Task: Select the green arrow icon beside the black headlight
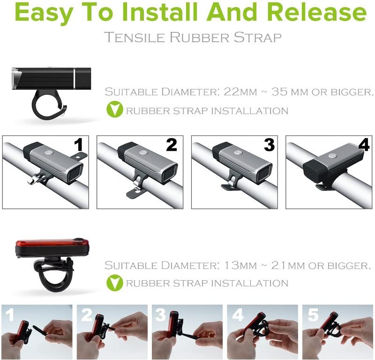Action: tap(113, 111)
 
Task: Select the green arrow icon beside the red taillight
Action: tap(113, 283)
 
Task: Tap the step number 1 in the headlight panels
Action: tap(78, 145)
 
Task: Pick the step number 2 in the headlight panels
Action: tap(172, 145)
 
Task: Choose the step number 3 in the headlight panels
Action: tap(269, 145)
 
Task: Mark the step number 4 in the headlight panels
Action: tap(363, 145)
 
